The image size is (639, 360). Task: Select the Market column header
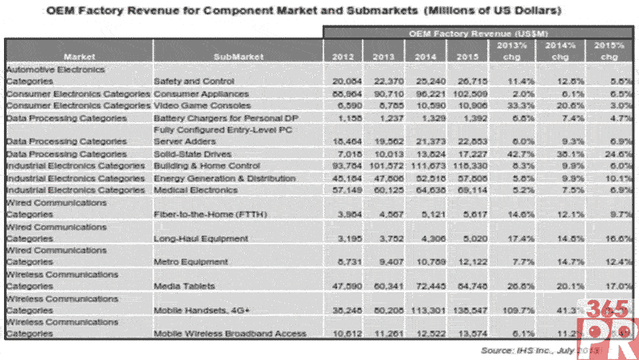(x=79, y=57)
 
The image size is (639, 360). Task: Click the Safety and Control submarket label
(x=190, y=81)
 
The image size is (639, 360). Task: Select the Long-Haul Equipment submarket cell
(x=194, y=237)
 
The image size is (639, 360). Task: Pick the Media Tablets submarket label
(x=181, y=285)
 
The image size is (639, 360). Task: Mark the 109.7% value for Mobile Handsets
(x=507, y=309)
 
